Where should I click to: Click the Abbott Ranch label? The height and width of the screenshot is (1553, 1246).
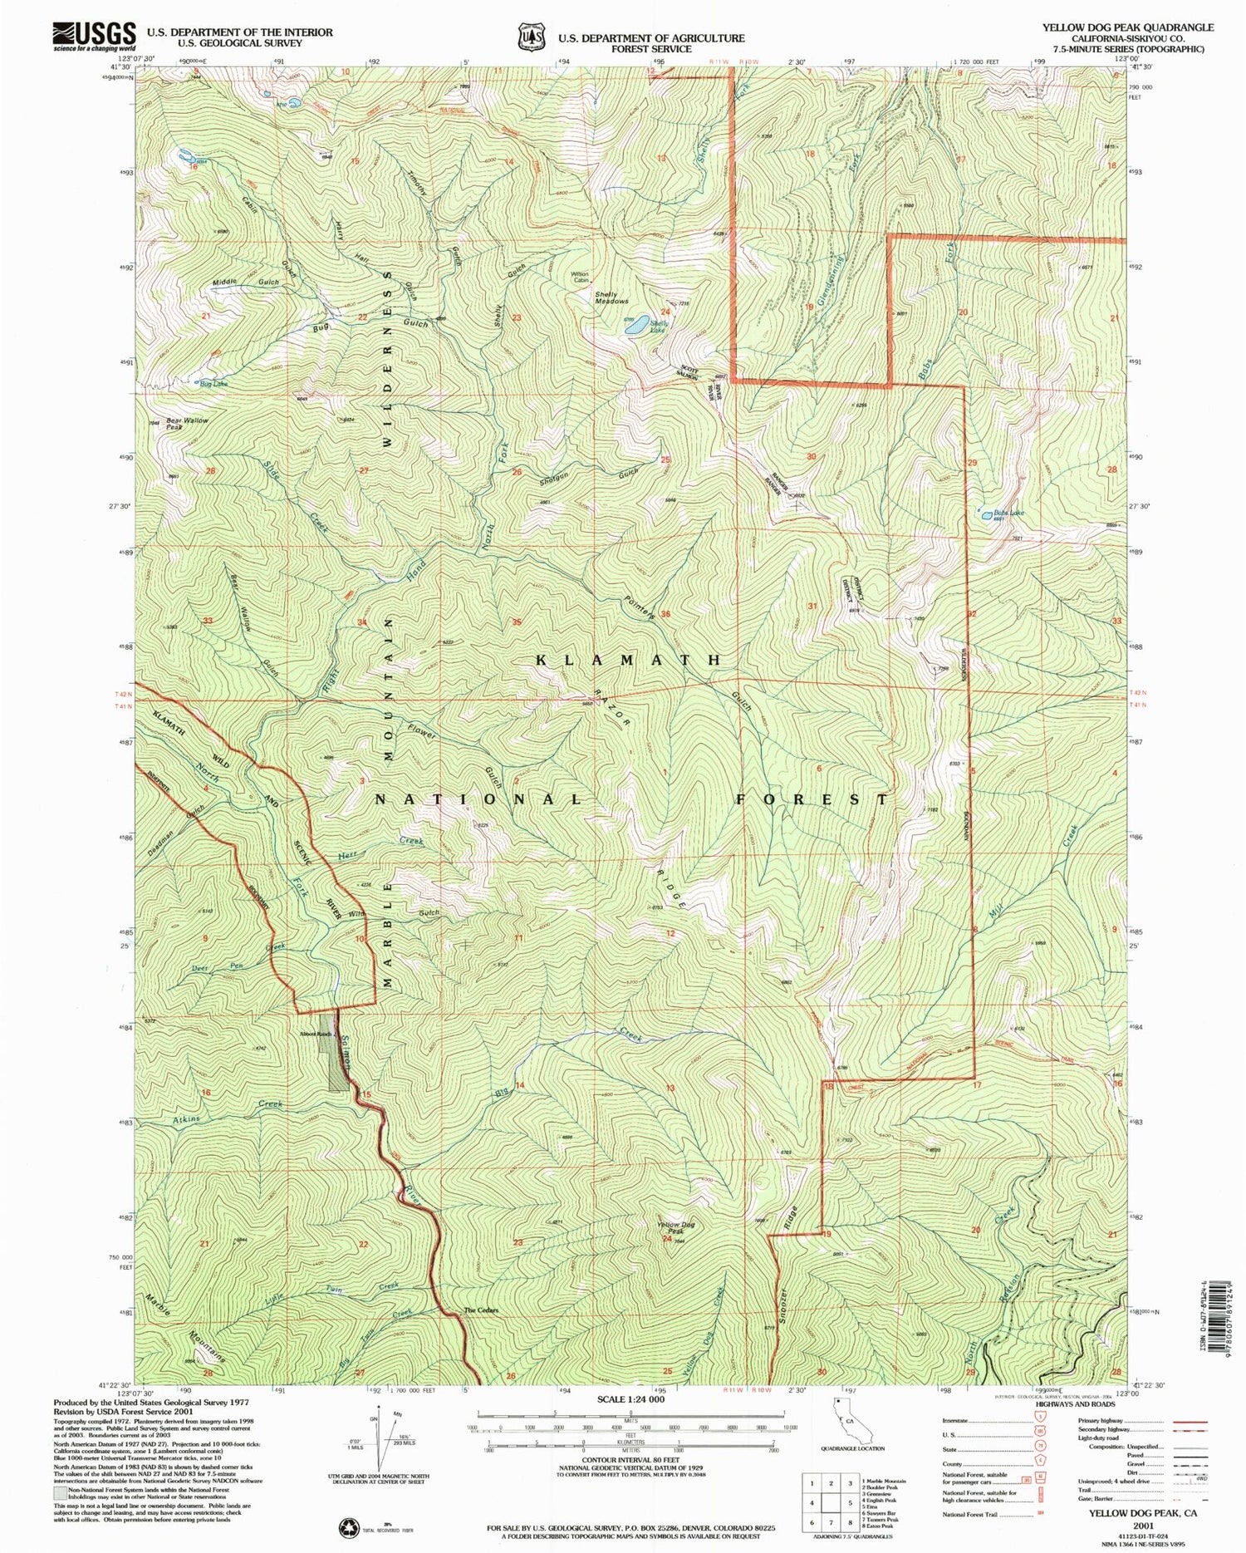pyautogui.click(x=316, y=1035)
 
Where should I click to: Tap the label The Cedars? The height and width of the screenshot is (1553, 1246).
pyautogui.click(x=481, y=1310)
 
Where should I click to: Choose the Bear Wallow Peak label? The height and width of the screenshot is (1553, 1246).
pyautogui.click(x=187, y=424)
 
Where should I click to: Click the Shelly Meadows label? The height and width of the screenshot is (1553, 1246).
pyautogui.click(x=611, y=297)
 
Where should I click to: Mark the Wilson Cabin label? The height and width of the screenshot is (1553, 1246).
pyautogui.click(x=579, y=278)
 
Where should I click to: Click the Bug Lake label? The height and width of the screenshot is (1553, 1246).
pyautogui.click(x=213, y=384)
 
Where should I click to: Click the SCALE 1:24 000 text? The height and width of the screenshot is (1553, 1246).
pyautogui.click(x=631, y=1400)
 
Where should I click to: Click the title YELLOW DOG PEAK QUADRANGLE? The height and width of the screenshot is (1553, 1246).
pyautogui.click(x=1128, y=27)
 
